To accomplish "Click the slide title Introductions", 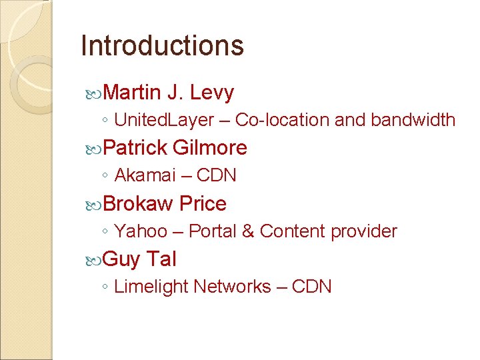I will pos(162,45).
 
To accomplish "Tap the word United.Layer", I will pos(164,120).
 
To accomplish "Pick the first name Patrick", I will pos(135,147).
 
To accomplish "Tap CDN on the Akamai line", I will pos(217,175).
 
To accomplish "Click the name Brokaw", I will pos(139,203).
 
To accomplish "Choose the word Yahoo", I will pos(141,231).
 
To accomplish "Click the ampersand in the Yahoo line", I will pos(247,231).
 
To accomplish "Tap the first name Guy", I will pos(121,259).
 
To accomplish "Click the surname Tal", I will pos(161,259).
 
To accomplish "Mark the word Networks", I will pos(232,287).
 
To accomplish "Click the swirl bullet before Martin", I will pos(95,93).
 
